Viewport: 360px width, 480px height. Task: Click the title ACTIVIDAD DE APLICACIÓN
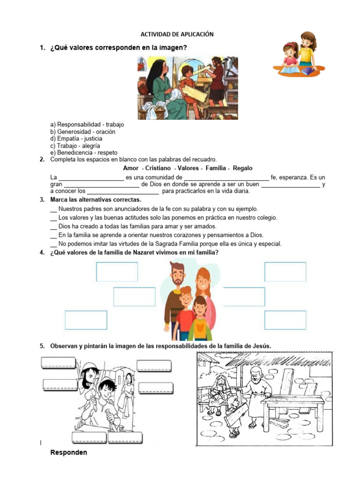(x=177, y=34)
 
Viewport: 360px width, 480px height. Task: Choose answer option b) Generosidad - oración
(x=82, y=132)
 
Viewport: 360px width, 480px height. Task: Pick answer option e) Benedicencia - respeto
(x=84, y=153)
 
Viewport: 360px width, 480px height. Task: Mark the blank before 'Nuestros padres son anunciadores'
(x=53, y=209)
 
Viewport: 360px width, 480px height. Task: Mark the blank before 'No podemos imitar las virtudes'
(x=53, y=244)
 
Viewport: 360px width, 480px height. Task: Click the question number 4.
(x=42, y=253)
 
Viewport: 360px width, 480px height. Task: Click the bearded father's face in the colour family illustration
(x=177, y=276)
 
